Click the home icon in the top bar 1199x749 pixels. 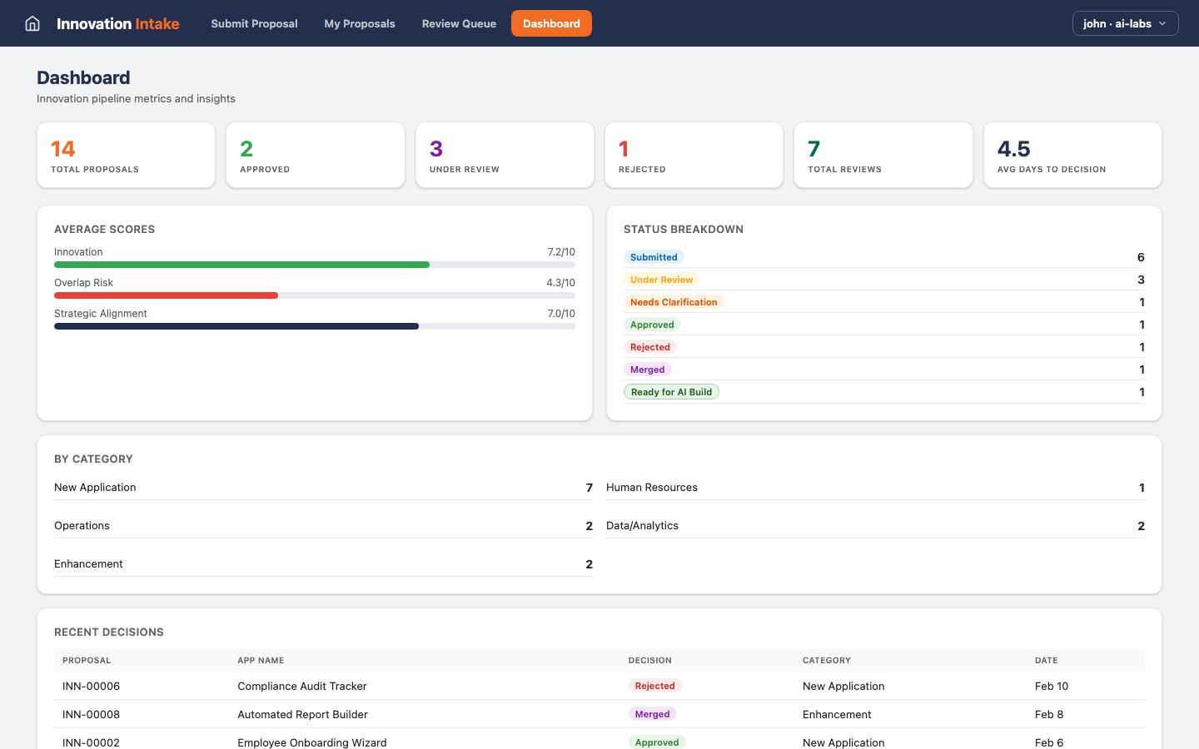32,23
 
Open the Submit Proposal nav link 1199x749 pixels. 254,23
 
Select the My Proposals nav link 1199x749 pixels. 360,23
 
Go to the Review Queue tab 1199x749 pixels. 459,23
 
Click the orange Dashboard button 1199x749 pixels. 551,23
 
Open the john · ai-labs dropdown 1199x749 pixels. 1125,23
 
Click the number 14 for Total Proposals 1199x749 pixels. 63,149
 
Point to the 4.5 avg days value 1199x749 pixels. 1013,149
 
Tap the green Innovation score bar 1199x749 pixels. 241,265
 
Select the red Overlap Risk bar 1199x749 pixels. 166,295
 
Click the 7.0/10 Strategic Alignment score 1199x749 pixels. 560,314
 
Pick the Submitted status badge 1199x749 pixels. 654,257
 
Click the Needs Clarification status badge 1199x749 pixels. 674,302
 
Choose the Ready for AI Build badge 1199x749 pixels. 671,392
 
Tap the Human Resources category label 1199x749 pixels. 652,488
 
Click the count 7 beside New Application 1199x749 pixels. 589,488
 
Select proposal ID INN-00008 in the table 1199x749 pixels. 92,714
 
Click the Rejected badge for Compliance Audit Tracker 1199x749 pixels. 654,686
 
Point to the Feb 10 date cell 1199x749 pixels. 1051,686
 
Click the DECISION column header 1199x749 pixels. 649,660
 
